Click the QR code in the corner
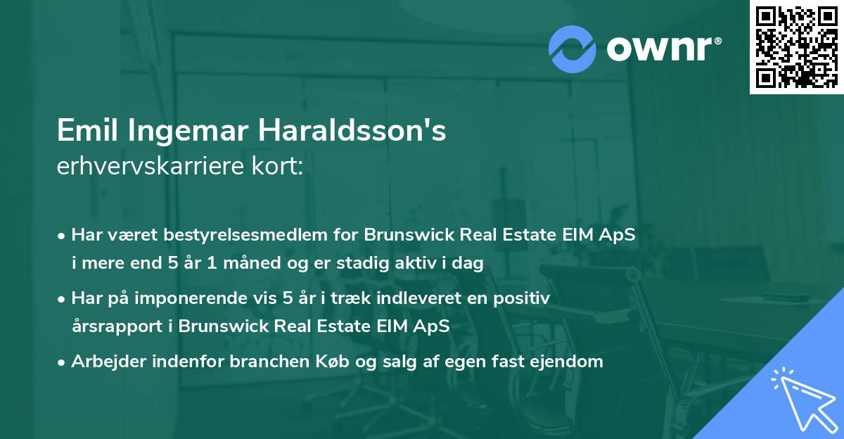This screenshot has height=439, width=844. (x=797, y=47)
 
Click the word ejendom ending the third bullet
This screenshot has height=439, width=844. (x=569, y=362)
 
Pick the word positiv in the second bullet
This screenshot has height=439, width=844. (x=524, y=298)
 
